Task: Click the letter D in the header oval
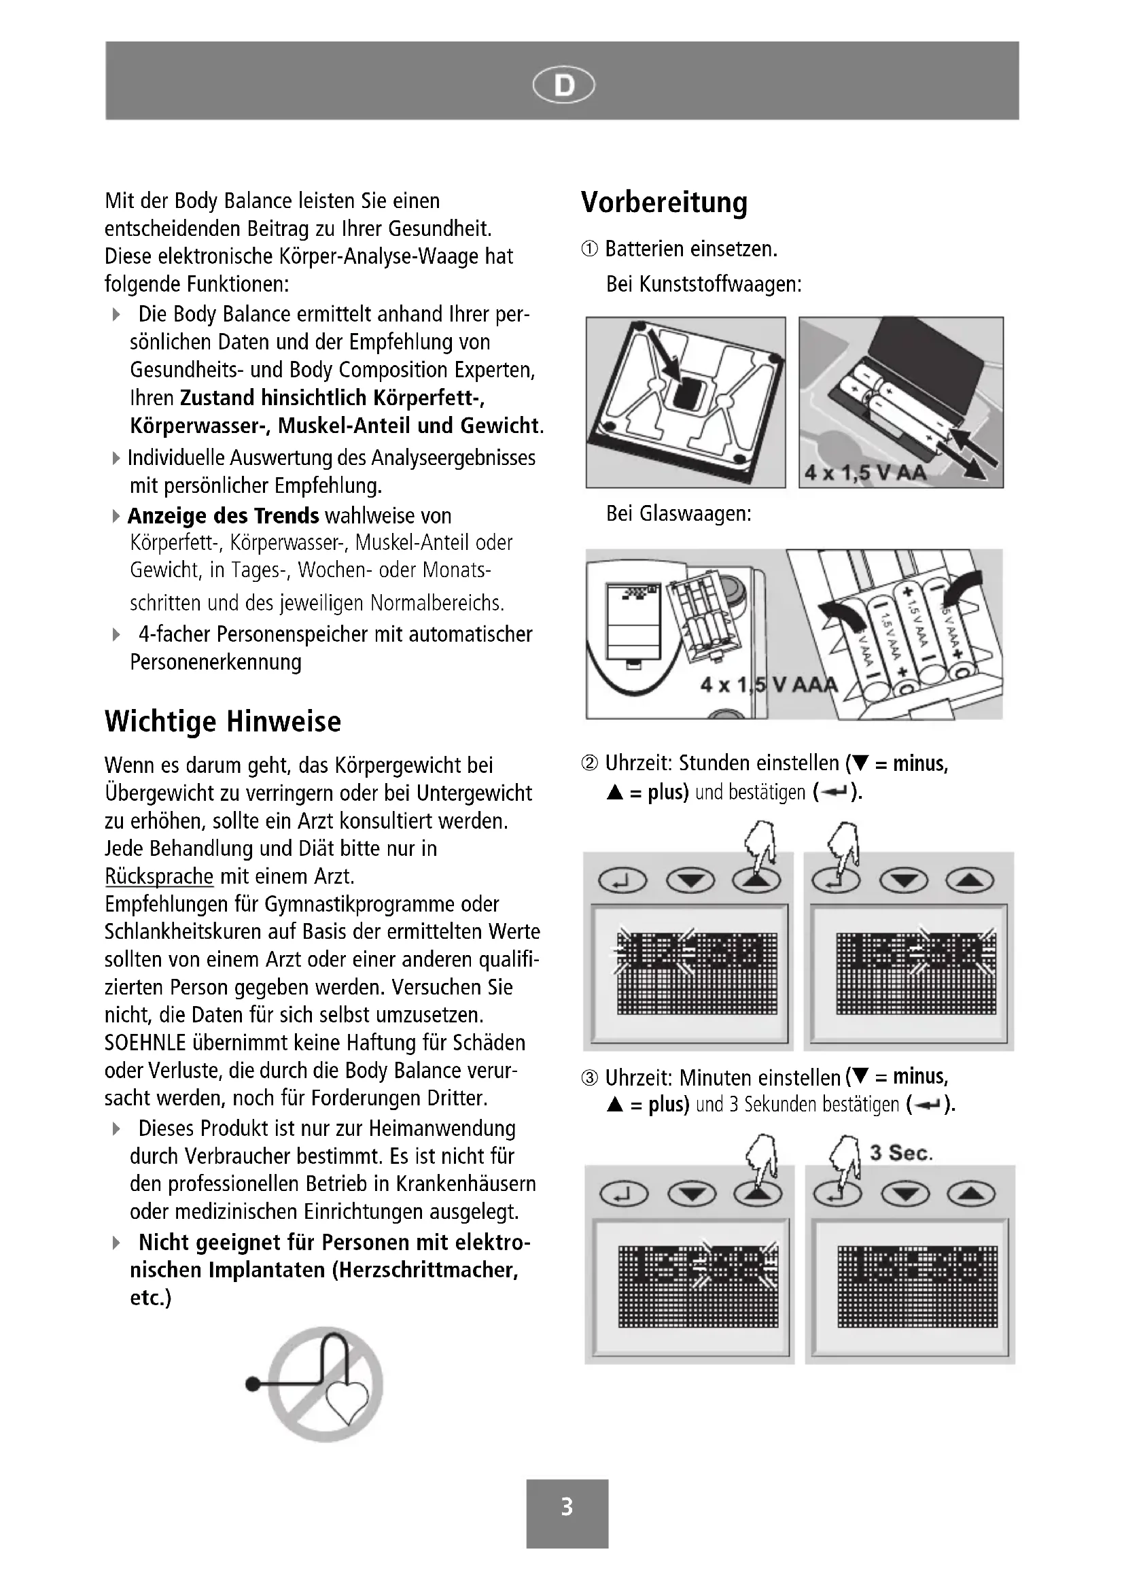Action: pyautogui.click(x=564, y=86)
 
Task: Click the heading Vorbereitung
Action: pyautogui.click(x=664, y=202)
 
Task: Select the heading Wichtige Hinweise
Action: pyautogui.click(x=223, y=722)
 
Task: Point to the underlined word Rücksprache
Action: pyautogui.click(x=159, y=877)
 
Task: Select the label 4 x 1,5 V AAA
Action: pyautogui.click(x=769, y=685)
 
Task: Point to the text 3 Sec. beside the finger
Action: pyautogui.click(x=901, y=1153)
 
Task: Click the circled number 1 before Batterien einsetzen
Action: pyautogui.click(x=590, y=249)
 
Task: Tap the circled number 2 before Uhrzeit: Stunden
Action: pyautogui.click(x=590, y=764)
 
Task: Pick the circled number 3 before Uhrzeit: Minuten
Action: pyautogui.click(x=590, y=1078)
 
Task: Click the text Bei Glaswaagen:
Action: pyautogui.click(x=678, y=514)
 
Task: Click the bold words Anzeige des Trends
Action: pyautogui.click(x=223, y=516)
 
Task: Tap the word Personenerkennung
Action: pyautogui.click(x=216, y=662)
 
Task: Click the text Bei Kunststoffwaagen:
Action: pyautogui.click(x=703, y=284)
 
